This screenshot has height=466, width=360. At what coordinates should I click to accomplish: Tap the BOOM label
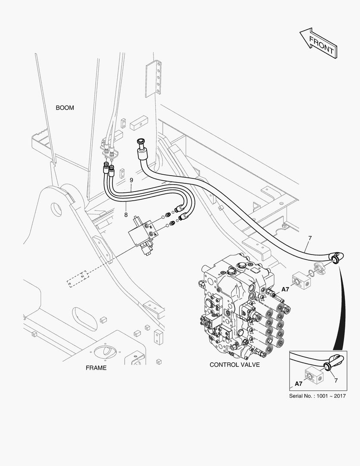(65, 107)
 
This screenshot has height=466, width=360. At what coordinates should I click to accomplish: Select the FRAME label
(96, 368)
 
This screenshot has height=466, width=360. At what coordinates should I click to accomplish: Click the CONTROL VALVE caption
(235, 365)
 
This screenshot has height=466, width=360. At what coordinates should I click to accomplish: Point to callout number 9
(131, 179)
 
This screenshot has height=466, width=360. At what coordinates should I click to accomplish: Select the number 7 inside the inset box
(335, 380)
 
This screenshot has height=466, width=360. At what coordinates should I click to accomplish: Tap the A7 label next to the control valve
(285, 289)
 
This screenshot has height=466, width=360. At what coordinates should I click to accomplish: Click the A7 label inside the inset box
(298, 383)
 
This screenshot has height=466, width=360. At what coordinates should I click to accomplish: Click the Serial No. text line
(317, 396)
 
